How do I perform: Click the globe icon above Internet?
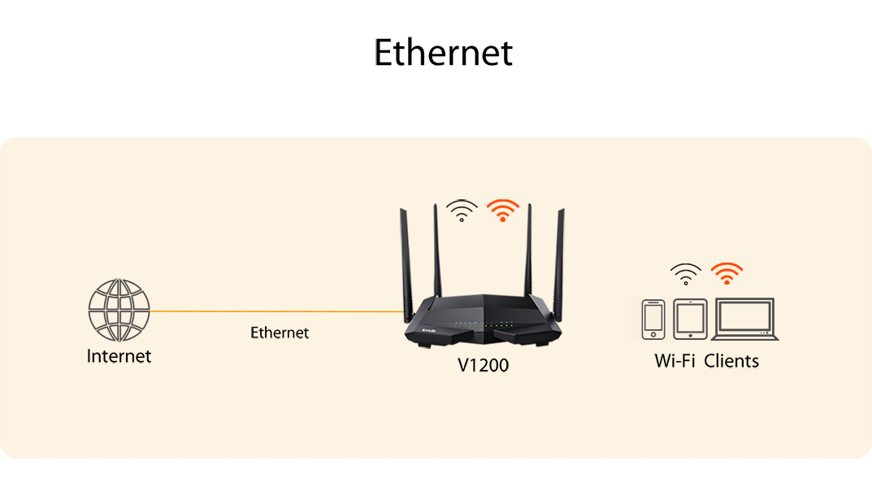point(119,311)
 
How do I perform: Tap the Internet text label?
point(119,356)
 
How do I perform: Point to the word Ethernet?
point(280,333)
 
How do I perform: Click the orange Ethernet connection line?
point(276,311)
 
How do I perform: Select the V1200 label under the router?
point(483,366)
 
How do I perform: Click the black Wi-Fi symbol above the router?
point(462,211)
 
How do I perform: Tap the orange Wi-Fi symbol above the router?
point(503,211)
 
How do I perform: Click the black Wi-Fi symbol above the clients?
point(686,274)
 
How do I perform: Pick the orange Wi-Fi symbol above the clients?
point(727,274)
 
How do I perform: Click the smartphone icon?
point(653,320)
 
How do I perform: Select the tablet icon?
point(691,320)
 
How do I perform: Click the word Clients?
point(731,361)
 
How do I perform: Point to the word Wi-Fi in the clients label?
point(675,361)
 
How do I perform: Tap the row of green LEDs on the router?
point(482,325)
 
